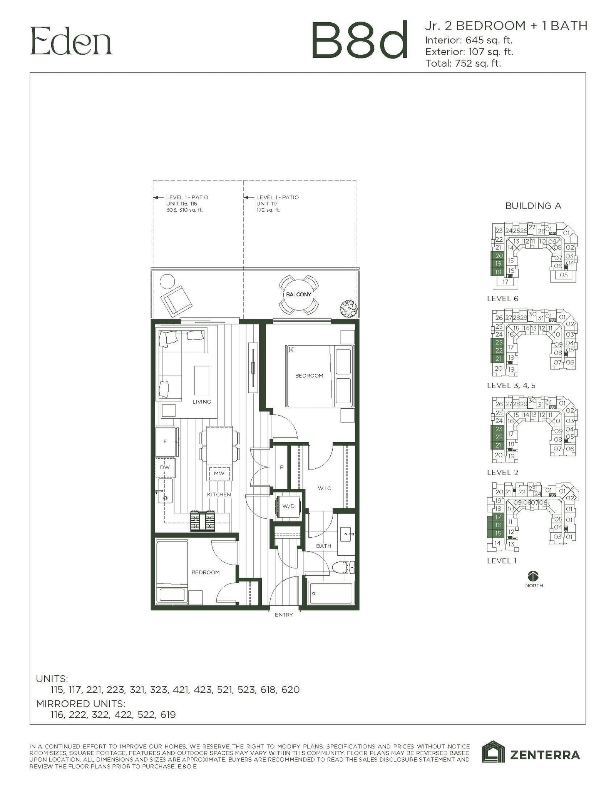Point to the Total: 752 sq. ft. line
click(x=463, y=63)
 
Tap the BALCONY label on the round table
click(x=298, y=294)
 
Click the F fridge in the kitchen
click(x=166, y=442)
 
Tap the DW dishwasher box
click(x=165, y=467)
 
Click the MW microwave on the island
click(x=219, y=473)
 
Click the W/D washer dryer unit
click(x=288, y=506)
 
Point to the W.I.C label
click(x=324, y=488)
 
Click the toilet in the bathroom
click(x=343, y=567)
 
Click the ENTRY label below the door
click(x=284, y=615)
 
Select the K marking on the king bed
click(x=291, y=350)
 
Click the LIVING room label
click(x=201, y=402)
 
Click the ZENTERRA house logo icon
click(x=494, y=751)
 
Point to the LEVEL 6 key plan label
click(x=502, y=299)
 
